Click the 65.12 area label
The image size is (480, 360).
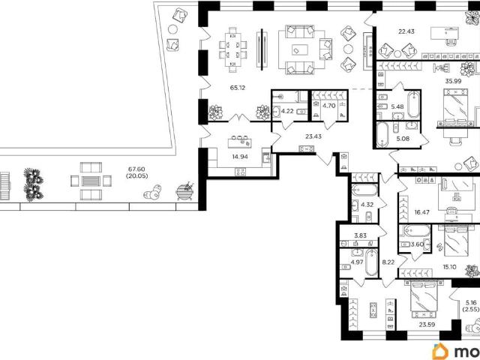coord(238,88)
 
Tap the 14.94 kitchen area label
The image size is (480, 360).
coord(240,157)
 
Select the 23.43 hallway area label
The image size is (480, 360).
coord(313,136)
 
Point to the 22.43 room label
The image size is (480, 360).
coord(406,31)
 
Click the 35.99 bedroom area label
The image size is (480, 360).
coord(453,81)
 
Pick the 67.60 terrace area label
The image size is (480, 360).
coord(136,169)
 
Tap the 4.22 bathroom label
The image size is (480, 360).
coord(287,111)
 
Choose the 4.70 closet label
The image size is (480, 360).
coord(329,106)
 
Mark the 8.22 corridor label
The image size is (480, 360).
coord(388,262)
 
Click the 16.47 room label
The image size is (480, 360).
coord(421,211)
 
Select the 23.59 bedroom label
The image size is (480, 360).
coord(427,325)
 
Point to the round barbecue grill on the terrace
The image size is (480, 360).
coord(184,192)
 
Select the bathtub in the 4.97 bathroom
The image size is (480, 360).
coord(372,262)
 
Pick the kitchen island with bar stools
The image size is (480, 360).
coord(240,143)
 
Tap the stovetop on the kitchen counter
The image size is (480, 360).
coord(240,172)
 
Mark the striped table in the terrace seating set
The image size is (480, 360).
coord(91,181)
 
